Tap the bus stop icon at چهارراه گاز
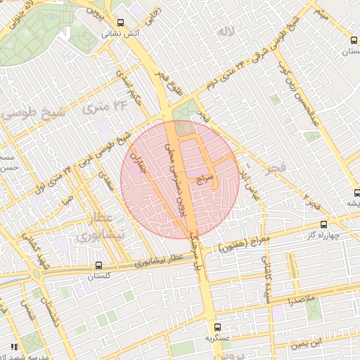[323, 224]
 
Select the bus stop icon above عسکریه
[217, 327]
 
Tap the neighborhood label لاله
[225, 32]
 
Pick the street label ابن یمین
[309, 342]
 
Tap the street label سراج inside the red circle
[206, 180]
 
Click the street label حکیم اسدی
[131, 91]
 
